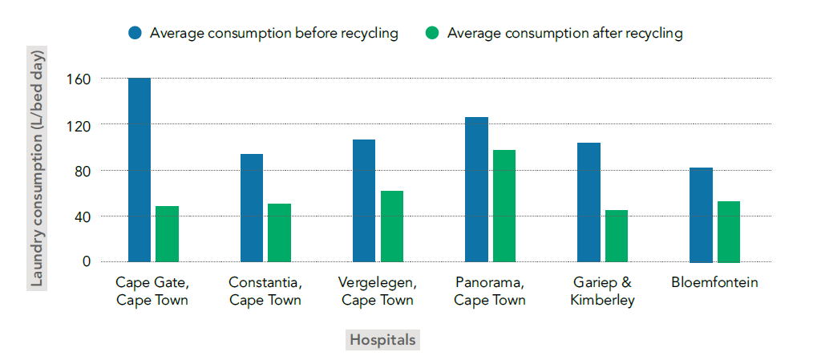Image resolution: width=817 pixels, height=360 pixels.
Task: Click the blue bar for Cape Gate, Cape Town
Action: (140, 169)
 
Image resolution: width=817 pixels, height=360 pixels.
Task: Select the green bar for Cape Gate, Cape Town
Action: (167, 233)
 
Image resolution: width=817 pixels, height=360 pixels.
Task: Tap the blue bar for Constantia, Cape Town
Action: (252, 208)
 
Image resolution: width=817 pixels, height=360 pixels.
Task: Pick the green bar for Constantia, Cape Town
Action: (279, 233)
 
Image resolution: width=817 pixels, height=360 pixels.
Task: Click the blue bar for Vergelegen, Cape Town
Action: (364, 200)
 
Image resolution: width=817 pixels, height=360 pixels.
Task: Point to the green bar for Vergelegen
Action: (392, 226)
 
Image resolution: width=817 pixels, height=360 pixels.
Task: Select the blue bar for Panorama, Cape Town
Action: (476, 189)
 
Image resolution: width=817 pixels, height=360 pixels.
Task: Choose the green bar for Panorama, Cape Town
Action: (504, 205)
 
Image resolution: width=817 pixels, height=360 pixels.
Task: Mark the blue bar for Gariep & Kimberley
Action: (588, 202)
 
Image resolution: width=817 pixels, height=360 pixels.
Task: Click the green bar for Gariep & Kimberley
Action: (617, 236)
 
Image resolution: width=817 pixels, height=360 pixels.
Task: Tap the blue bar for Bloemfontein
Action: (701, 214)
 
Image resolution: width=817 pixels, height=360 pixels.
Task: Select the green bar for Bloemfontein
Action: (729, 231)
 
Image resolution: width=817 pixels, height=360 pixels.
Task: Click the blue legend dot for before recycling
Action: (135, 33)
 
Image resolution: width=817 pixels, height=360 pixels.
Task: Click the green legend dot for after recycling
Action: (432, 33)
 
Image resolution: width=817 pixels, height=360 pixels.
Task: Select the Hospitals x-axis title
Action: (382, 340)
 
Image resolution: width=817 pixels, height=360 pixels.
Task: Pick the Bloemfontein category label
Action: (714, 283)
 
